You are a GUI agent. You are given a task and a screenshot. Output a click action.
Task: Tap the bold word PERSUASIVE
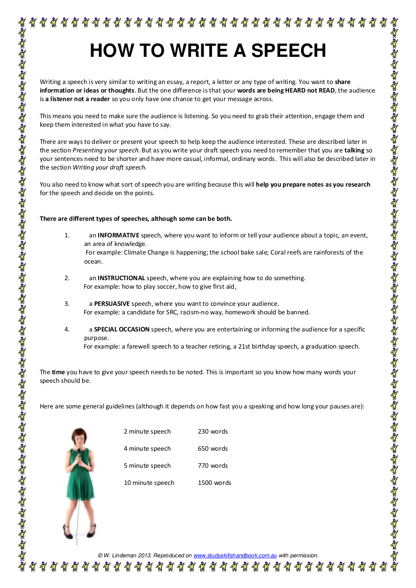coord(112,303)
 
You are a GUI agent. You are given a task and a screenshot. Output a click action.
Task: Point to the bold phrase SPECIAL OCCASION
coord(122,329)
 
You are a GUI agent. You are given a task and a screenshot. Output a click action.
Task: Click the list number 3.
coord(66,303)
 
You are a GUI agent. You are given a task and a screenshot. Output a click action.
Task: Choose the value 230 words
coord(213,431)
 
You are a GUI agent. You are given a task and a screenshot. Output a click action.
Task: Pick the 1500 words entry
coord(215,482)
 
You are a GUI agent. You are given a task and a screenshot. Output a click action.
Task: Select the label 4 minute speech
coord(147,448)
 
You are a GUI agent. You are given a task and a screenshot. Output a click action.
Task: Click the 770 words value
coord(213,465)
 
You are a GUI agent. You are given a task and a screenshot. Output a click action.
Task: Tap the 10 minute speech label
coord(149,482)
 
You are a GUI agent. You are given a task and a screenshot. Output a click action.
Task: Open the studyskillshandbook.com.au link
coord(235,555)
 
